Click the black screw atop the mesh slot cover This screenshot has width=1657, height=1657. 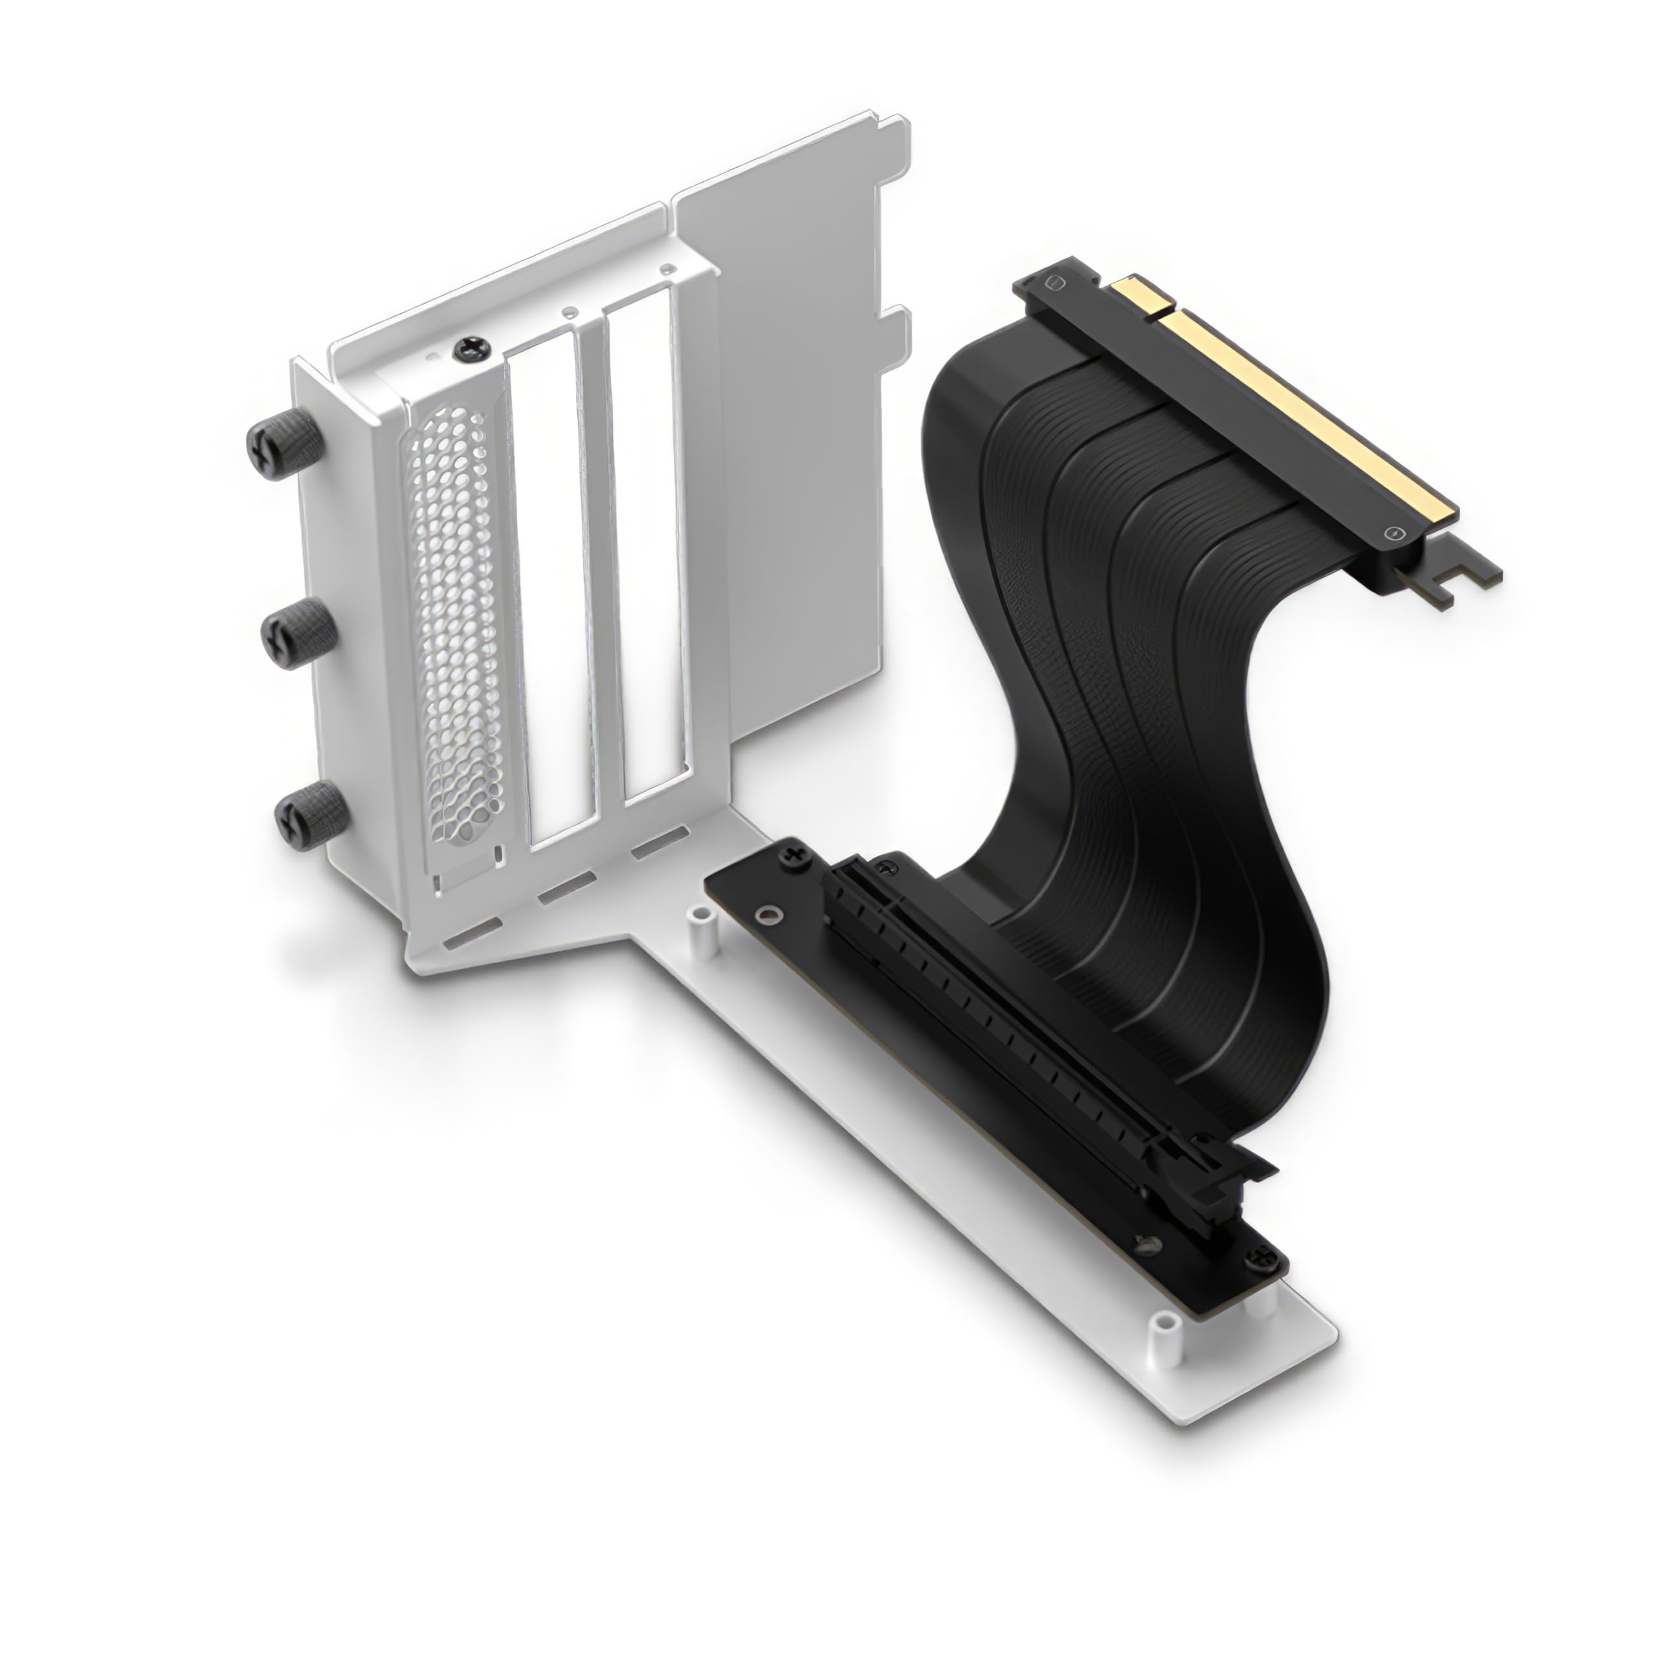pyautogui.click(x=471, y=348)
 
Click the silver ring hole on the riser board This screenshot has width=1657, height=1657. pyautogui.click(x=772, y=915)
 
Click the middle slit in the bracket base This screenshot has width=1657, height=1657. pyautogui.click(x=566, y=889)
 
